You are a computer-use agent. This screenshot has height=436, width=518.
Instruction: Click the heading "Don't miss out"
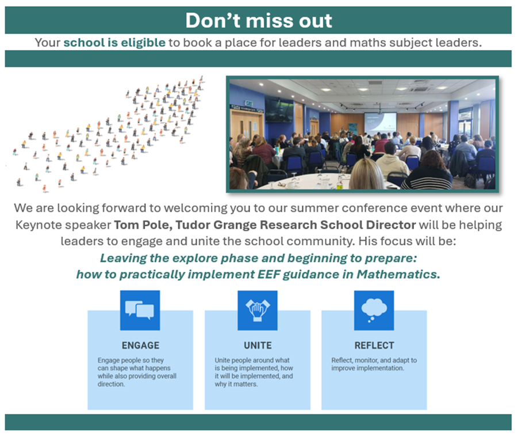(x=258, y=20)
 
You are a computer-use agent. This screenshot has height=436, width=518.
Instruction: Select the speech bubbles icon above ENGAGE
(x=140, y=310)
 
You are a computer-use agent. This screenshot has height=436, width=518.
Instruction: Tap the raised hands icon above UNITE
(x=257, y=310)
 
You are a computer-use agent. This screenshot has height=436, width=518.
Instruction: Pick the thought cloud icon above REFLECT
(x=374, y=310)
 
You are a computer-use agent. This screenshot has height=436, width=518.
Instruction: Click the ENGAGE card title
(x=140, y=346)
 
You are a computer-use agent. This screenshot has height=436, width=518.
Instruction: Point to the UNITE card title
(x=257, y=346)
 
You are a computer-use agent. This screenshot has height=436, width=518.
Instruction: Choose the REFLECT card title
(x=374, y=346)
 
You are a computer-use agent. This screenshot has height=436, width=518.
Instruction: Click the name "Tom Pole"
(x=138, y=224)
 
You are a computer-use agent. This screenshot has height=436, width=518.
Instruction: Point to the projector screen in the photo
(x=380, y=120)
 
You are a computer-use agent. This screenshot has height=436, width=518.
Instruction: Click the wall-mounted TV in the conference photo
(x=279, y=110)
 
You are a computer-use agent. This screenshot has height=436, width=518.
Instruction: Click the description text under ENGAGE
(x=137, y=372)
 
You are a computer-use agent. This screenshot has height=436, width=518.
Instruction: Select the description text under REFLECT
(x=374, y=364)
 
